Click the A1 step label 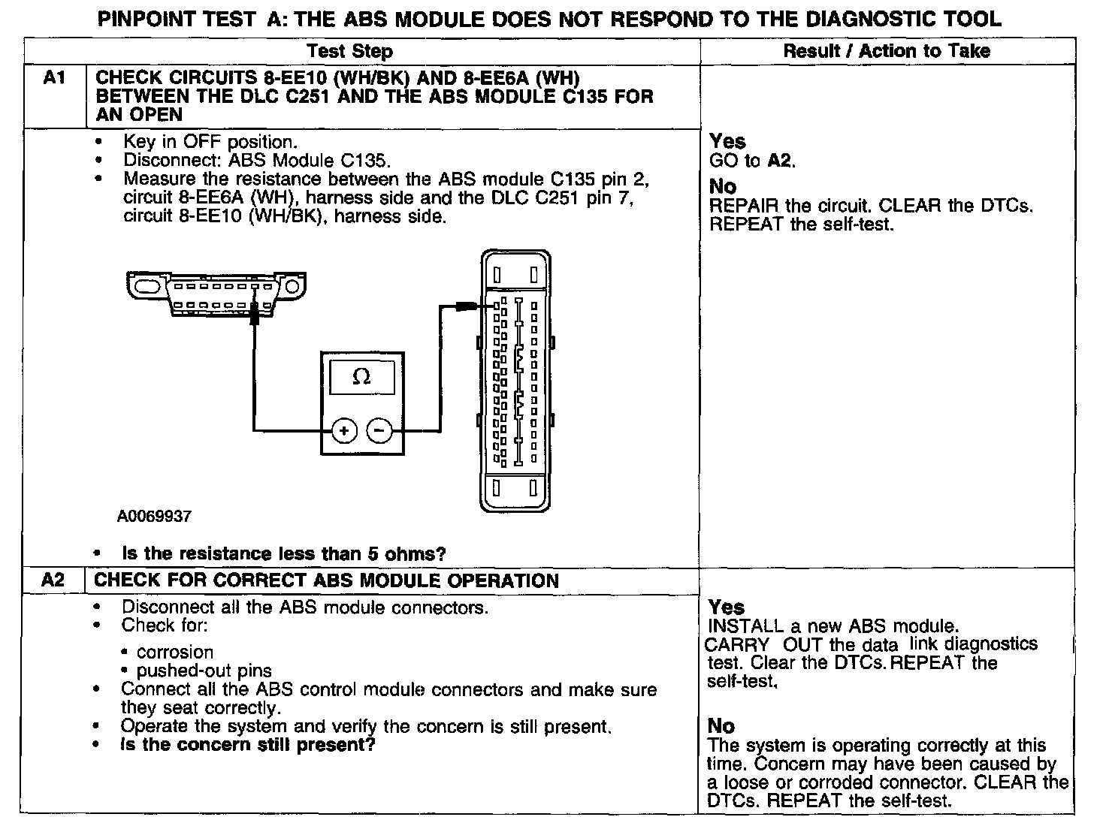[54, 78]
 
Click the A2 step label [53, 580]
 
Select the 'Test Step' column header [349, 52]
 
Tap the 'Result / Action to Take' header [887, 51]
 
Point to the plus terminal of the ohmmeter [344, 430]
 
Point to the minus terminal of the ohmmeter [379, 430]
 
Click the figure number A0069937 [154, 517]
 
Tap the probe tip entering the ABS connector [467, 306]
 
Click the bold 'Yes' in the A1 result [727, 141]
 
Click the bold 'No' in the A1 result [723, 185]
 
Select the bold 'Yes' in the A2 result [726, 607]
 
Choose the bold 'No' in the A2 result [721, 725]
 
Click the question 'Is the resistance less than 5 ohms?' [284, 554]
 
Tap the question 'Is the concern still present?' [248, 745]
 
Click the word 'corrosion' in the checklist [175, 652]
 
